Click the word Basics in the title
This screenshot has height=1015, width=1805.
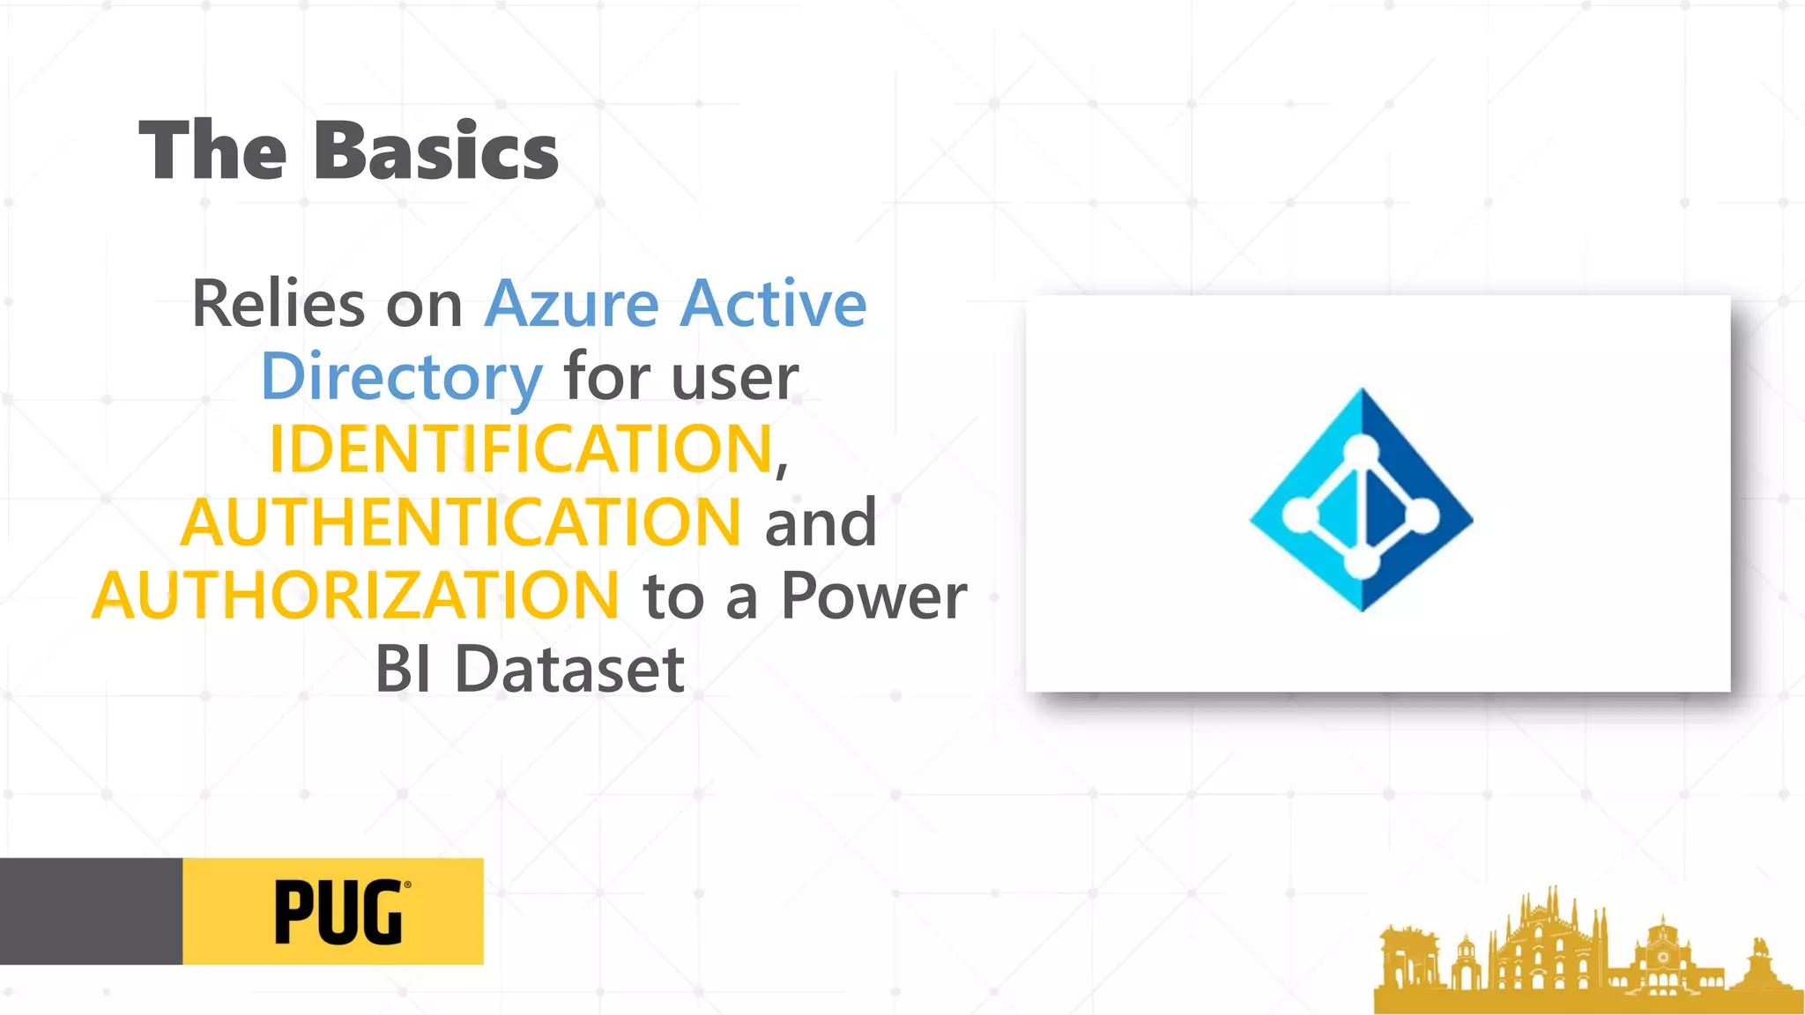[x=435, y=152]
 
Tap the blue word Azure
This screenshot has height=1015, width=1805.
[x=571, y=304]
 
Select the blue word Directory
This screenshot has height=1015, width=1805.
[x=402, y=377]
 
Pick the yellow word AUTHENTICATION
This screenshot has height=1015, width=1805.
[x=461, y=522]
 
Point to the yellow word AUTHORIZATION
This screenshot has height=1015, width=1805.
[x=356, y=596]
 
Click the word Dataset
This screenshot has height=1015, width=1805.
[x=568, y=670]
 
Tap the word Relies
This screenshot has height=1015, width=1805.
[x=278, y=304]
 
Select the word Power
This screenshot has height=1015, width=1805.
[x=873, y=596]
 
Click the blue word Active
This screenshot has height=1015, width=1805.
[x=774, y=304]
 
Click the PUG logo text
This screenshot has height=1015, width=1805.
[x=339, y=913]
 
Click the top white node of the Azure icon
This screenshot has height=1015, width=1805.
[x=1362, y=451]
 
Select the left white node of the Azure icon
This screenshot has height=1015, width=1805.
[x=1299, y=515]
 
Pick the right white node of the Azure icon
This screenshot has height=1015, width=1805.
[x=1422, y=515]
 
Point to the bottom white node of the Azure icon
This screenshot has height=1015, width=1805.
[x=1362, y=563]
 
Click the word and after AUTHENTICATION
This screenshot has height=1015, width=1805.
[x=821, y=523]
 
